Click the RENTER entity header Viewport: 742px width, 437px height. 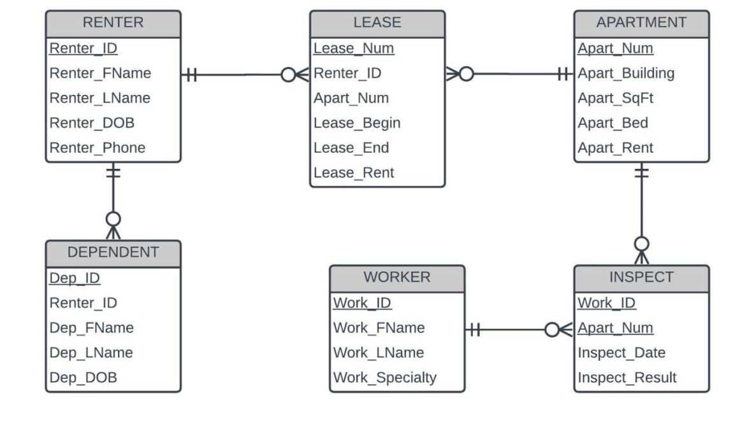click(113, 23)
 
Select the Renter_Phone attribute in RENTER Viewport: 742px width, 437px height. click(98, 148)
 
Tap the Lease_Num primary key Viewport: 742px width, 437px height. click(354, 48)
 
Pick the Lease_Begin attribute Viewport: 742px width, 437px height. click(357, 123)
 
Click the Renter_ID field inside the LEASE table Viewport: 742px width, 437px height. click(347, 73)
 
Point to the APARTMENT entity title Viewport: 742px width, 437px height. click(641, 23)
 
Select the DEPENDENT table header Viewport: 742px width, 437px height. click(113, 252)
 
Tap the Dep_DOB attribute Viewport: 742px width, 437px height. click(83, 378)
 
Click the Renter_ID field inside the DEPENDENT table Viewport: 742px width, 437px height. click(84, 303)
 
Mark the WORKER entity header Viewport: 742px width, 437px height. click(397, 277)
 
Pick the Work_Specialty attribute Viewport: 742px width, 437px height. click(385, 378)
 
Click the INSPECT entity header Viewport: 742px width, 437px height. click(641, 277)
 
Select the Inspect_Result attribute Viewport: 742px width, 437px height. click(627, 378)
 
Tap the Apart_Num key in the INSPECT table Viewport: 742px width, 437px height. click(615, 327)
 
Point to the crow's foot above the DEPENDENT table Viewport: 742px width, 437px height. click(113, 226)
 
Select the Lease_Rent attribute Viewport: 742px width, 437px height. click(354, 173)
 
